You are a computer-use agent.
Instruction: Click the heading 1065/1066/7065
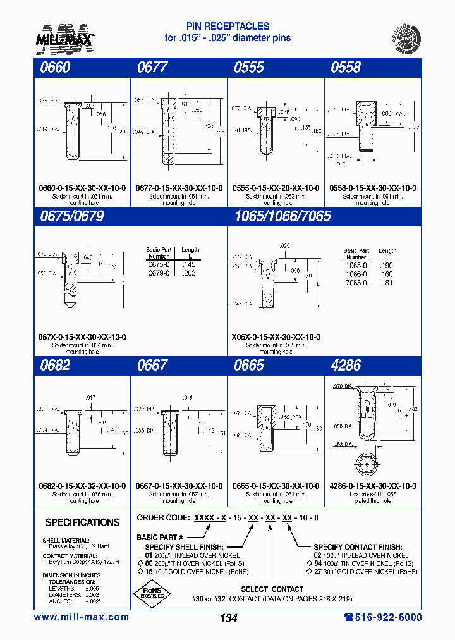click(x=282, y=216)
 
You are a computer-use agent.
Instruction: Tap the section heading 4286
click(x=346, y=365)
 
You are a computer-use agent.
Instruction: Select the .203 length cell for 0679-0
click(x=190, y=273)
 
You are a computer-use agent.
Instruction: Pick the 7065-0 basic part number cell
click(x=356, y=283)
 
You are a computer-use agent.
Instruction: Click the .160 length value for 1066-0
click(x=387, y=274)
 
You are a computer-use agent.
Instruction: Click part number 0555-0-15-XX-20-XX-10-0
click(x=276, y=188)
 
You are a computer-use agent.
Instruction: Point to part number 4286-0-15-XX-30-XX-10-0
click(x=373, y=486)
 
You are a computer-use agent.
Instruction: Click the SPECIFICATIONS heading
click(x=82, y=522)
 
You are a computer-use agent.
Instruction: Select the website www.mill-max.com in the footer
click(x=81, y=617)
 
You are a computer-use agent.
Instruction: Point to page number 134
click(x=227, y=618)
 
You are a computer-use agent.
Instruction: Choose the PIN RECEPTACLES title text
click(x=227, y=27)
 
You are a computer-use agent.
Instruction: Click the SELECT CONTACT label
click(x=272, y=589)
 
